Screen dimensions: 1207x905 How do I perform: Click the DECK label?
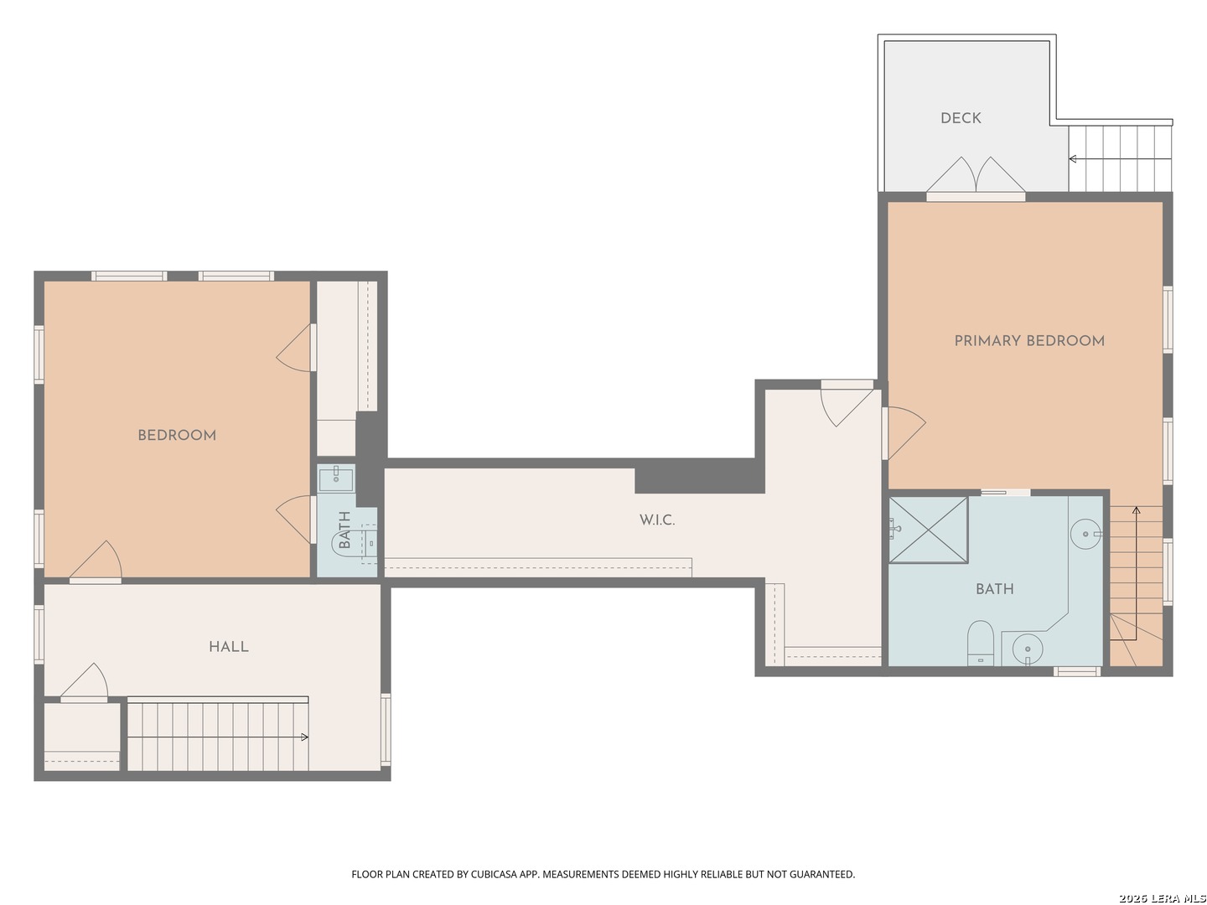coord(960,118)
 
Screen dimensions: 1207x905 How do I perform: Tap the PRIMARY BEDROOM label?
coord(1028,341)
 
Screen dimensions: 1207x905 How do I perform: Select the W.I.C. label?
coord(656,520)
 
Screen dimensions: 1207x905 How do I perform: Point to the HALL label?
coord(228,647)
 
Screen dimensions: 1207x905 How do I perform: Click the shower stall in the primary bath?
coord(928,530)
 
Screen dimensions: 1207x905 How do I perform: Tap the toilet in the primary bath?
coord(980,642)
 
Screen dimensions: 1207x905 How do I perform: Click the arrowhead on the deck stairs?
coord(1072,159)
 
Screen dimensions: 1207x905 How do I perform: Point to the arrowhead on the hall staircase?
coord(304,737)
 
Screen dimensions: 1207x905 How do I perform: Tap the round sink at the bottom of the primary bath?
coord(1027,649)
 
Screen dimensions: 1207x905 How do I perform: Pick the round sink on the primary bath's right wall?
coord(1085,534)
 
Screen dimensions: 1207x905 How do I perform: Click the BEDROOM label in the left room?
coord(177,435)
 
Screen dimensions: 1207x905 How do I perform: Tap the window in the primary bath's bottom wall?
coord(1077,670)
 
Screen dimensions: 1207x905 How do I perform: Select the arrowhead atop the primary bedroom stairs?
coord(1136,510)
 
